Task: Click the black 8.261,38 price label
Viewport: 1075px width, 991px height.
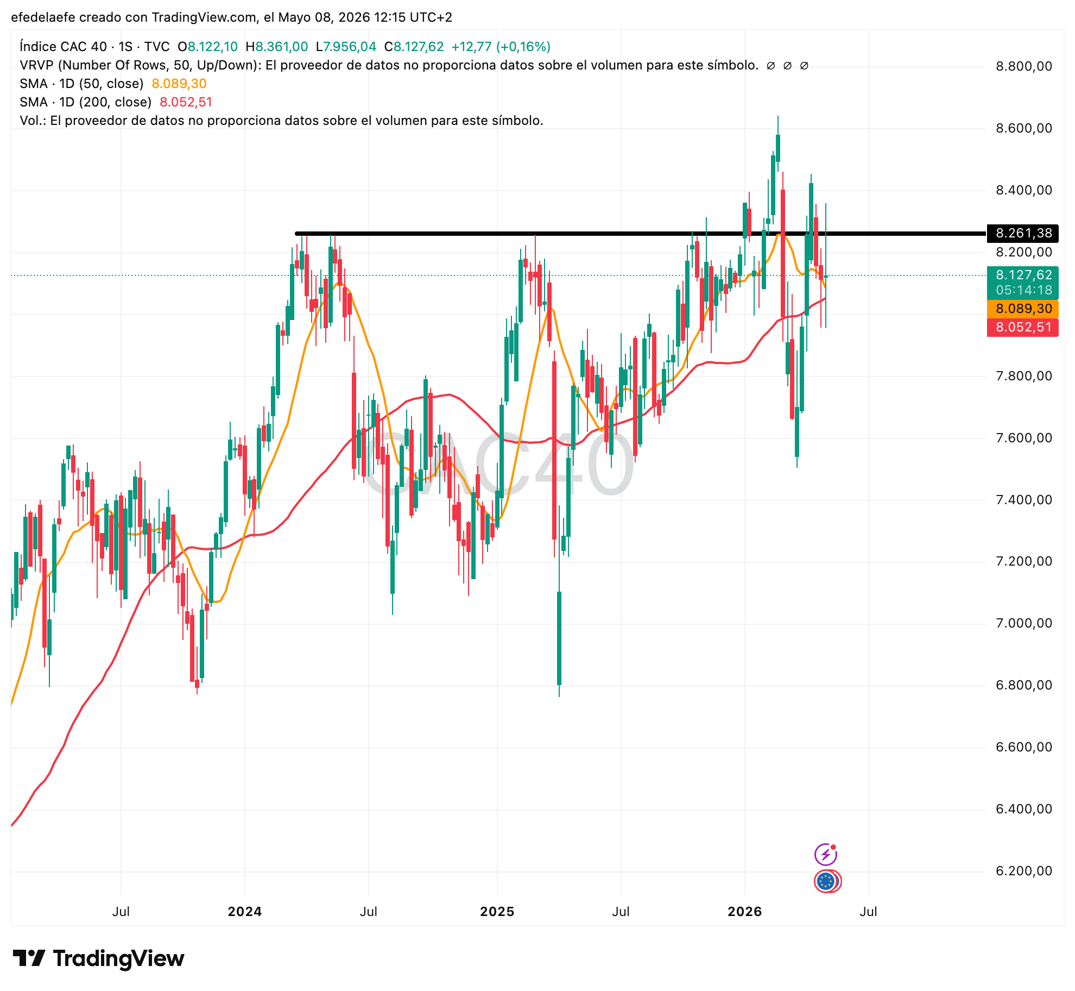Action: [x=1023, y=234]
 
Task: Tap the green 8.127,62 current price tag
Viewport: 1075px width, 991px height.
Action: [x=1023, y=283]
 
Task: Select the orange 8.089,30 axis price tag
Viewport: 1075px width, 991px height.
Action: [x=1023, y=309]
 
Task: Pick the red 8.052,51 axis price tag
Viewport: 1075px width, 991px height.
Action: [x=1023, y=327]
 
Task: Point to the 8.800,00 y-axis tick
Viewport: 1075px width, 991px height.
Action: [x=1024, y=66]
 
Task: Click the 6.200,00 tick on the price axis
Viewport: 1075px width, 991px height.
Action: [x=1024, y=871]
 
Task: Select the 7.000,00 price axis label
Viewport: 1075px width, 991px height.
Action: [x=1024, y=623]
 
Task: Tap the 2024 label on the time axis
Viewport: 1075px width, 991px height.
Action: [x=245, y=911]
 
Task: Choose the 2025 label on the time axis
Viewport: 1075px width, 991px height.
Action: [x=497, y=911]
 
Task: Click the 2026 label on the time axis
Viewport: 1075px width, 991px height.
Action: [x=745, y=911]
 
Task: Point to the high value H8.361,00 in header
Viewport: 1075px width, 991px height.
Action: [x=277, y=47]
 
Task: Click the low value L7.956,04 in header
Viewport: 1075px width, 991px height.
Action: [x=346, y=47]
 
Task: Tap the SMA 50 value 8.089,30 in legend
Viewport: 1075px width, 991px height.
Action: [x=179, y=84]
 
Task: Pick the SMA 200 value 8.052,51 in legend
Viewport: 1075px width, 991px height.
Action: [x=186, y=102]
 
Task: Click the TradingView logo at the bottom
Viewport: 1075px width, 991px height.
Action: [x=99, y=958]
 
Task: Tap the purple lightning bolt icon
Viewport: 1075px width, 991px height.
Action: [x=826, y=854]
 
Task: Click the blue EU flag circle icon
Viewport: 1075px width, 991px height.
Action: [x=826, y=881]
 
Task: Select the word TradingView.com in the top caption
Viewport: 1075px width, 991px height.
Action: [x=204, y=17]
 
